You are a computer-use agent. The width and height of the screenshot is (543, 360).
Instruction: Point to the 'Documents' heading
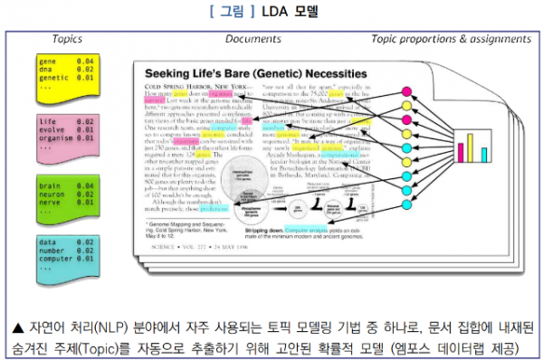[253, 40]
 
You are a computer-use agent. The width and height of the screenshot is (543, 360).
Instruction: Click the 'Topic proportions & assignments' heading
[450, 40]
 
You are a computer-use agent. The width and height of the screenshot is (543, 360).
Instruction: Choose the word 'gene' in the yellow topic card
[47, 60]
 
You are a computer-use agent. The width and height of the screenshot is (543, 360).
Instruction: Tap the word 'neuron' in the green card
[52, 194]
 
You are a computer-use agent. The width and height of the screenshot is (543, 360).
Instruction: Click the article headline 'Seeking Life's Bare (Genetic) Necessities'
[249, 73]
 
